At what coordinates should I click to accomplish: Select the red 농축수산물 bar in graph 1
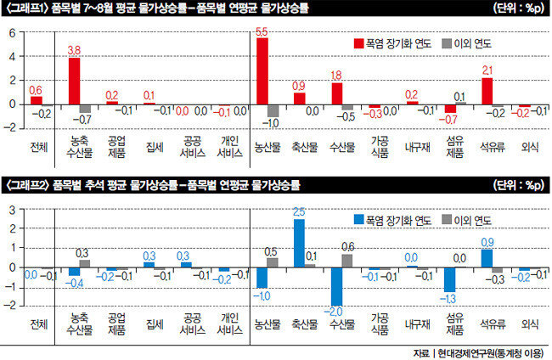point(75,81)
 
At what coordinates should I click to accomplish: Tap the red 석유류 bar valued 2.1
point(487,91)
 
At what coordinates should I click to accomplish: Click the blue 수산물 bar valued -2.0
point(337,286)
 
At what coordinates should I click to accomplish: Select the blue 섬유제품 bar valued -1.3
point(450,279)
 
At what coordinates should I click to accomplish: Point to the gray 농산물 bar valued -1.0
point(273,110)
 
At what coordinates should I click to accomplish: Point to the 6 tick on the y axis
point(13,33)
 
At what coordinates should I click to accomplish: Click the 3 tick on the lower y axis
point(13,209)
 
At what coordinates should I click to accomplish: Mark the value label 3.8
point(75,50)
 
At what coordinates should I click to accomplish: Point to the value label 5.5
point(262,31)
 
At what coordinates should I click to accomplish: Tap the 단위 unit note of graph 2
point(516,183)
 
